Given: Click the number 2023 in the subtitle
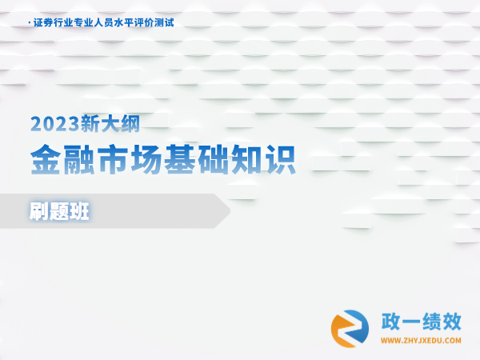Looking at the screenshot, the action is [x=55, y=124].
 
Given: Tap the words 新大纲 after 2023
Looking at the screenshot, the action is [x=110, y=123].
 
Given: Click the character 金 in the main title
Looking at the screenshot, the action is [x=46, y=159].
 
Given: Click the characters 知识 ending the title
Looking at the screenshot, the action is [x=263, y=159].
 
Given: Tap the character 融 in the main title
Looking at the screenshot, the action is [x=79, y=159].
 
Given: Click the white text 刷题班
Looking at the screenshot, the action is [x=59, y=211].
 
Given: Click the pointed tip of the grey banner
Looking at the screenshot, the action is [x=230, y=211].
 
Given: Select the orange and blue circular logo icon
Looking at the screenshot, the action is [x=350, y=329].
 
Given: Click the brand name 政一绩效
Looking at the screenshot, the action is [x=422, y=322].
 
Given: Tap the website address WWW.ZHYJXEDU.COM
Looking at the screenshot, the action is [x=421, y=341].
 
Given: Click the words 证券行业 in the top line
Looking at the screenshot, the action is [x=53, y=22].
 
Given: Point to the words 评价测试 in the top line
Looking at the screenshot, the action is [x=154, y=22].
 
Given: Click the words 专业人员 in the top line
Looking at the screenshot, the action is [x=94, y=22].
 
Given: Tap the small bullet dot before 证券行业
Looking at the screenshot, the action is [x=30, y=22].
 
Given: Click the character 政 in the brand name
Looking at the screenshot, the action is [x=391, y=322].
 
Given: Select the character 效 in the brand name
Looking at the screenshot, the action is [x=452, y=322].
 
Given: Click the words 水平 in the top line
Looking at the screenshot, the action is [x=124, y=22].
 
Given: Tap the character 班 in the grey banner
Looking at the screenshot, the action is [x=79, y=211].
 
